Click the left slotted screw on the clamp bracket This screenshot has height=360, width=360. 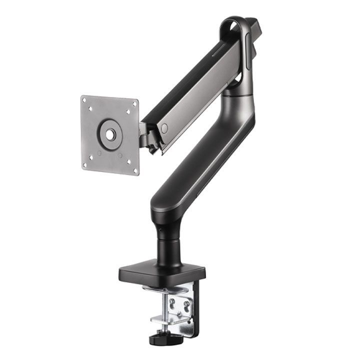(172, 302)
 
